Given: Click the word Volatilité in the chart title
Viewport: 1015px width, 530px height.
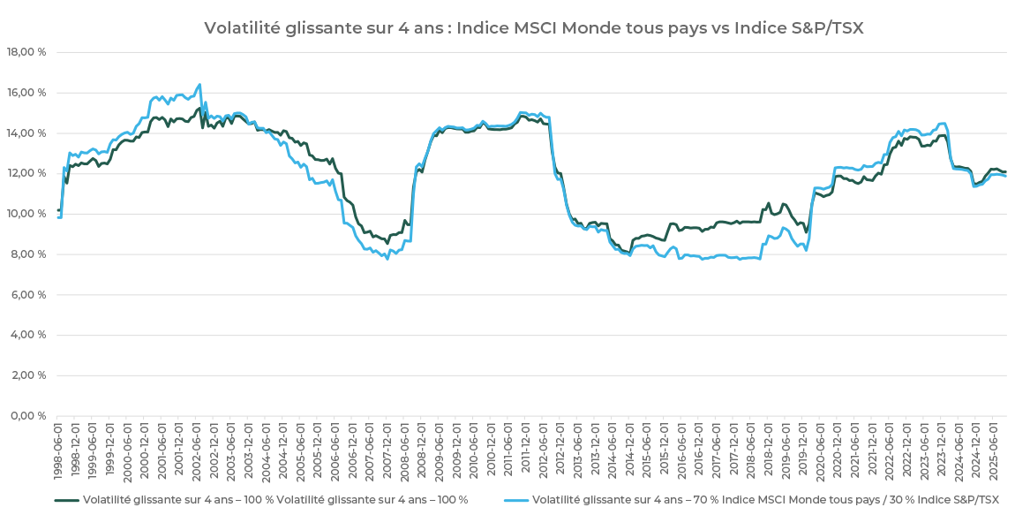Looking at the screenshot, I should (241, 28).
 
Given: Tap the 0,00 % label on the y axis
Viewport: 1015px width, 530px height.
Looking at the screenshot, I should (28, 416).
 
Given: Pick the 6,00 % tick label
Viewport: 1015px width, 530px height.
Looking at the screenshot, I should (28, 295).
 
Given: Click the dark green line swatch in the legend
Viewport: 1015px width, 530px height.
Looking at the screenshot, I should (66, 500).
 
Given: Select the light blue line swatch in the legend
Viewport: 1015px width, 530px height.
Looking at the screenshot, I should (516, 500).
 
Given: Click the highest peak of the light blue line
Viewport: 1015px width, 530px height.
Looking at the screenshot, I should (199, 85).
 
